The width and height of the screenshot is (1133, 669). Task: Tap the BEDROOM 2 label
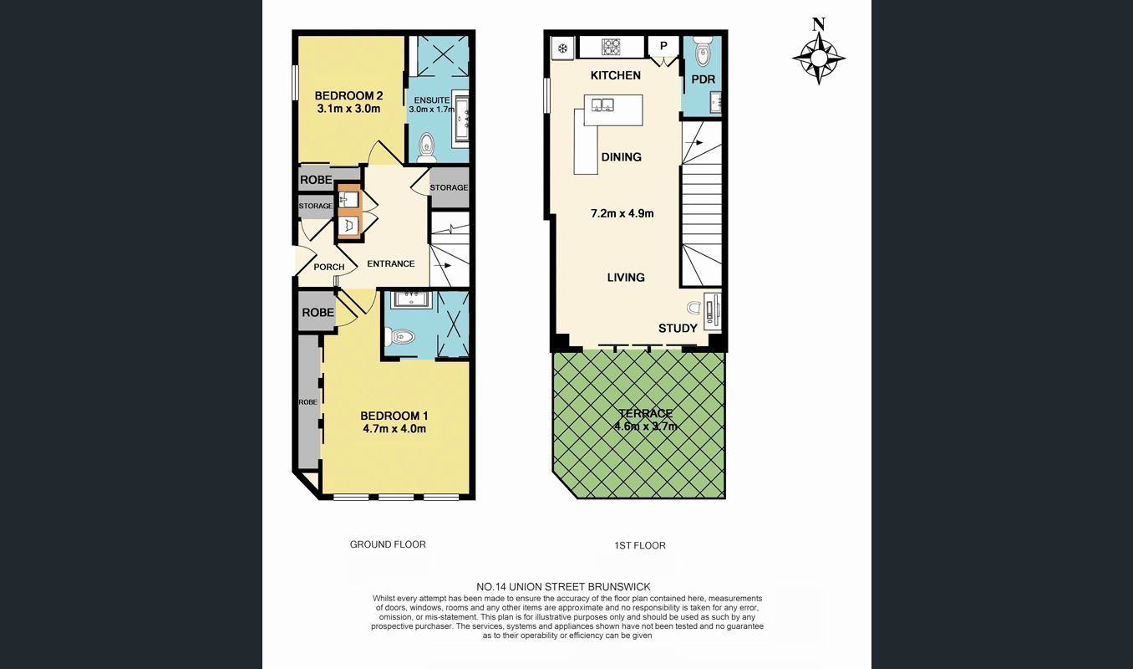point(348,95)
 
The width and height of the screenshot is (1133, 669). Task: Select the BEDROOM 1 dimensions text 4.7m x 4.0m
point(394,429)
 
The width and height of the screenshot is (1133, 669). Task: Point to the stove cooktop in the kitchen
point(611,47)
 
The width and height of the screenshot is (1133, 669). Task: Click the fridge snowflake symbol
point(562,49)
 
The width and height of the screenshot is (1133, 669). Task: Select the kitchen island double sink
point(602,105)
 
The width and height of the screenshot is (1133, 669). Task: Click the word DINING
point(621,157)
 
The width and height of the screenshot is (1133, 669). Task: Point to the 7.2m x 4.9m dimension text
point(622,213)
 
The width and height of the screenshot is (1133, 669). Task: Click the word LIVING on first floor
point(626,278)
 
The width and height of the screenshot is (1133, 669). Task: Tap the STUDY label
point(678,329)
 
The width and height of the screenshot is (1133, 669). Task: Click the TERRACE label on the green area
point(645,413)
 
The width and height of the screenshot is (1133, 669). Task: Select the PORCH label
point(328,268)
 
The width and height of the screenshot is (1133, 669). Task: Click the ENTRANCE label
point(390,263)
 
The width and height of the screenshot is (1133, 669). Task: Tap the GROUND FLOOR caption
point(388,544)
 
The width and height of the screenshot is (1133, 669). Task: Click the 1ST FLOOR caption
point(640,545)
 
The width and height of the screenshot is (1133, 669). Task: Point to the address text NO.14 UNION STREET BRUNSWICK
point(563,587)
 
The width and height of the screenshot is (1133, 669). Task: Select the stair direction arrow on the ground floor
point(442,265)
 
